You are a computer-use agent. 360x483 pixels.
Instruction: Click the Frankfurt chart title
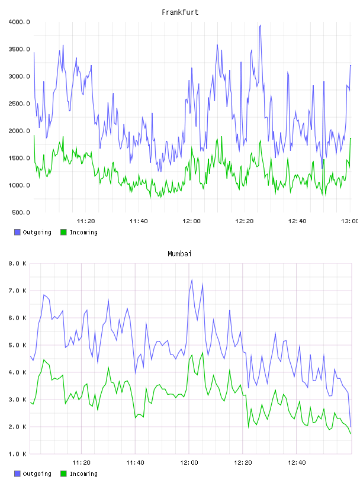tap(180, 12)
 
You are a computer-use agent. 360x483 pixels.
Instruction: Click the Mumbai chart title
tap(179, 254)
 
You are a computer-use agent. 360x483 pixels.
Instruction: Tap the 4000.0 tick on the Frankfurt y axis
tap(19, 22)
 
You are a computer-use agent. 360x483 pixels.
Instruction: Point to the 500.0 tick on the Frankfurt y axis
tap(21, 212)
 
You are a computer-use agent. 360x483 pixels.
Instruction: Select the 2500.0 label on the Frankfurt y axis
tap(19, 104)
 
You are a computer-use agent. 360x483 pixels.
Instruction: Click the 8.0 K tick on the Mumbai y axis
tap(17, 263)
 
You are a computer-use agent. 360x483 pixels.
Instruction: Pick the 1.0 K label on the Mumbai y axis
tap(17, 454)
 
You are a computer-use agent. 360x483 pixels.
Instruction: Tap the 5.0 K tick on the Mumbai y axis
tap(17, 345)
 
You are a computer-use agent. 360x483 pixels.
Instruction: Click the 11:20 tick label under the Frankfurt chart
tap(86, 221)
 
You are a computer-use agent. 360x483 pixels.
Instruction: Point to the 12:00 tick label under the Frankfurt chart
tap(191, 221)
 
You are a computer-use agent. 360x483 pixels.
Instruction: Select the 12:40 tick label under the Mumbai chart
tap(297, 463)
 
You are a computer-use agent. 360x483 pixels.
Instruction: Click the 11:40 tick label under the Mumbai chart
tap(135, 463)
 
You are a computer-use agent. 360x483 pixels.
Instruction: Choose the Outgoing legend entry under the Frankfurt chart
tap(33, 232)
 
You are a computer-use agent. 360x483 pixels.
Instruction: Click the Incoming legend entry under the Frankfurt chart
tap(79, 232)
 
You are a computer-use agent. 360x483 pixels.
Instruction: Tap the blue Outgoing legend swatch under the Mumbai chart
tap(17, 474)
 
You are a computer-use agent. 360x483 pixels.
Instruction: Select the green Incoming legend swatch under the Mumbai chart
tap(63, 474)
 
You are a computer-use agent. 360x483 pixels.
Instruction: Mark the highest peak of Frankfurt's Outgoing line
tap(261, 25)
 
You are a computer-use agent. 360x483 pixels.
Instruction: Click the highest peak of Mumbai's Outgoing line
tap(192, 280)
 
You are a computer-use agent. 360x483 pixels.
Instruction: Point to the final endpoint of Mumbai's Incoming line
tap(351, 434)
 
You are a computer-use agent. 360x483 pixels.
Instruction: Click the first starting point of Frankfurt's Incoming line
tap(34, 135)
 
